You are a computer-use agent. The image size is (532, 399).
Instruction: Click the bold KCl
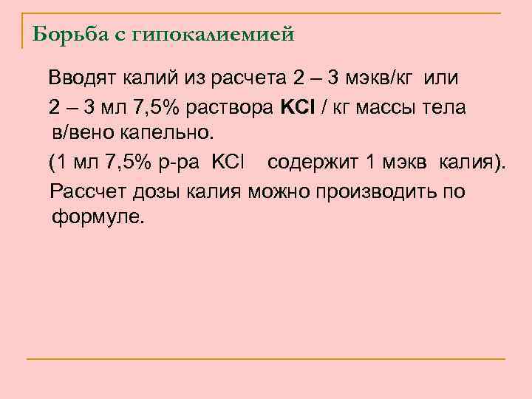pyautogui.click(x=298, y=107)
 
